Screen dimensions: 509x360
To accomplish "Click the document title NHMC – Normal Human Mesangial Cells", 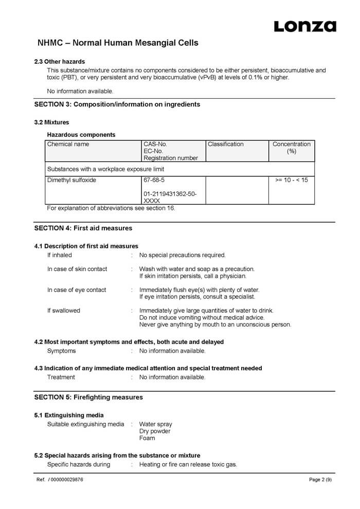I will click(118, 43).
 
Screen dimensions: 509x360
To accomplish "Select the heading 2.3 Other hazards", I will click(60, 62).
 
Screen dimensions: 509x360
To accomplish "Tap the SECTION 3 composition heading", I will click(117, 104).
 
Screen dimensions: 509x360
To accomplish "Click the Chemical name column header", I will click(68, 144).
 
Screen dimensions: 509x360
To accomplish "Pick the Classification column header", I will click(225, 144).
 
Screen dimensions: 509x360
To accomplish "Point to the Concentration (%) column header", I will click(291, 148).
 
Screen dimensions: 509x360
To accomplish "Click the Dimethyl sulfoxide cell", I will click(71, 180).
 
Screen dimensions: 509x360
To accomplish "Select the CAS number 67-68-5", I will click(154, 180).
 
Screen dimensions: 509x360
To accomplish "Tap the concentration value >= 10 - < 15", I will click(291, 180).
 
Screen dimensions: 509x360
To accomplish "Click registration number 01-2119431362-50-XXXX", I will click(170, 197).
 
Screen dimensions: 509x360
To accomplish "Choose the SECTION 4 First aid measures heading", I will click(83, 228).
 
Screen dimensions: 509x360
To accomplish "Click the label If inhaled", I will click(60, 255).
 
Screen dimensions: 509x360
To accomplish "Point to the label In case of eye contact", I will click(77, 290).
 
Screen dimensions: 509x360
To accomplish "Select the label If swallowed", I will click(64, 311).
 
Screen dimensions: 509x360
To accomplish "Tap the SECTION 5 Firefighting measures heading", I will click(88, 397).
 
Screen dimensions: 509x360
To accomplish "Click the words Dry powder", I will click(155, 431).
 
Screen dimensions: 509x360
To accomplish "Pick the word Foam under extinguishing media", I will click(147, 438).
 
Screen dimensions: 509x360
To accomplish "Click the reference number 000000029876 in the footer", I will click(66, 480).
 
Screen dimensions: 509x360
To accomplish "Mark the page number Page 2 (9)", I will click(320, 480).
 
